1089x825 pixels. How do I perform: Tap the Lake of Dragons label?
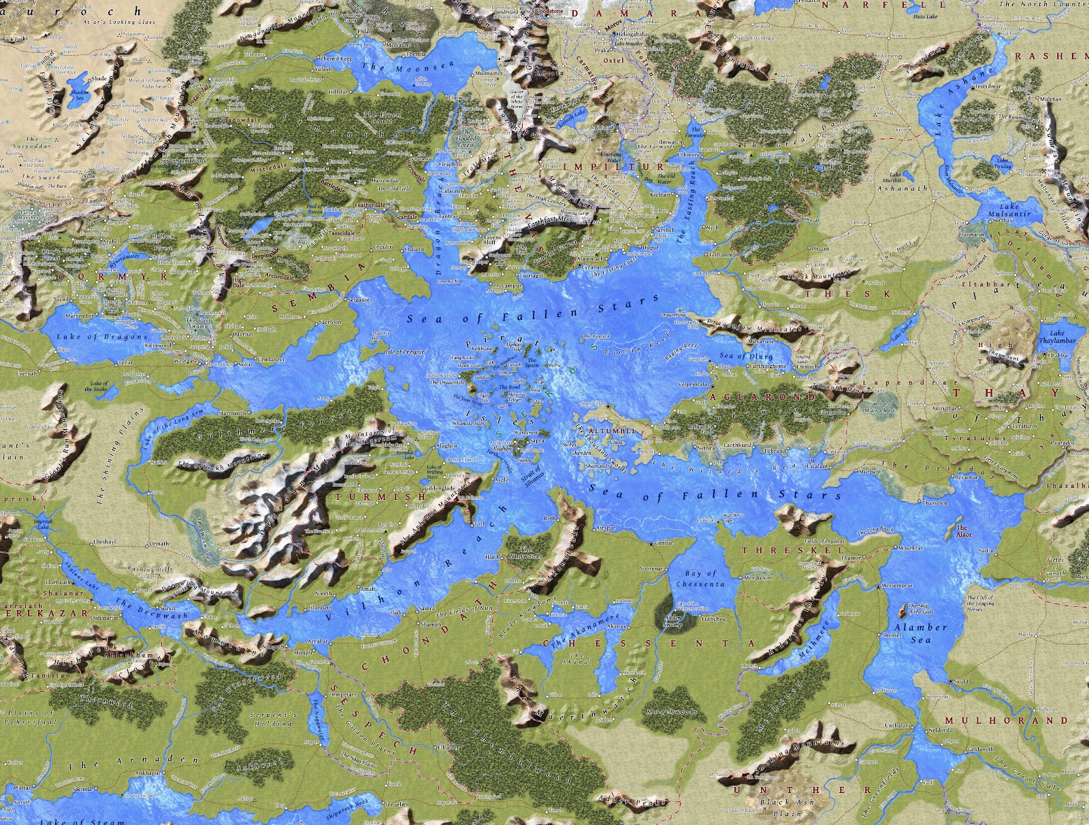[101, 337]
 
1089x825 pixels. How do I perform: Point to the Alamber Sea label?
[920, 633]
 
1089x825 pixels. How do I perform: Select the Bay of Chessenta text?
[700, 579]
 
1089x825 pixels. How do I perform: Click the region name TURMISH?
[380, 497]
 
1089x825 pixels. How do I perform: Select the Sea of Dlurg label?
[745, 356]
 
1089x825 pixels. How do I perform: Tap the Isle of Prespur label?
[405, 352]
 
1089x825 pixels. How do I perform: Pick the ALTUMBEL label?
[613, 431]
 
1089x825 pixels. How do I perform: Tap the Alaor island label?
[964, 531]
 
